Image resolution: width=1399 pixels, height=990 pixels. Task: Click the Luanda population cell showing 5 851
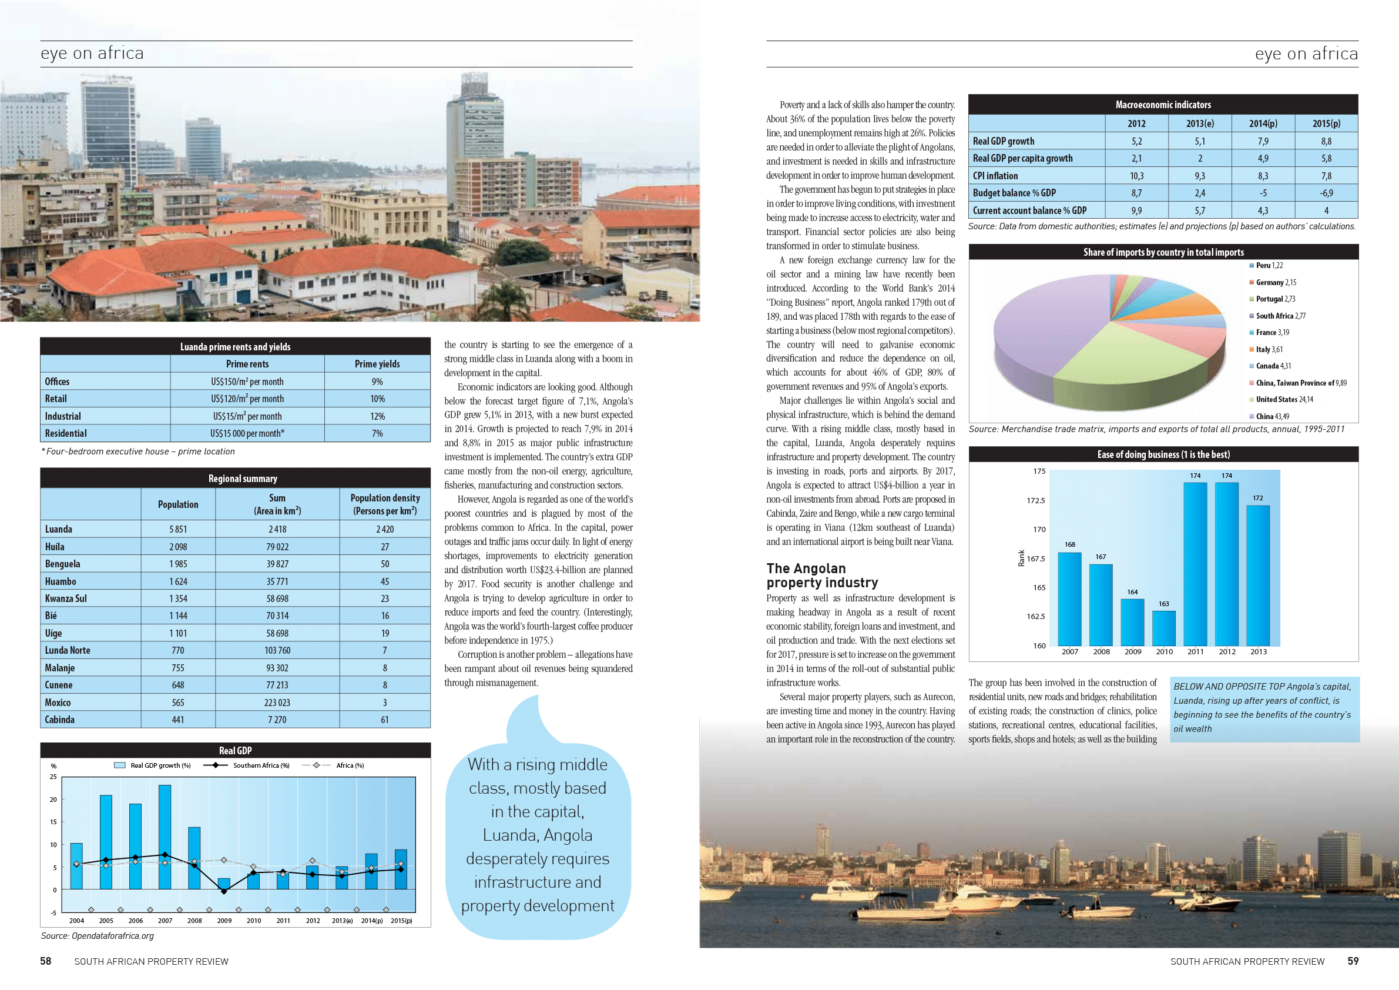(178, 529)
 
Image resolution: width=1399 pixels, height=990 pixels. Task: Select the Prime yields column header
(377, 364)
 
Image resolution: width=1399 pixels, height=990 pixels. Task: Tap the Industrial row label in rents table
(63, 416)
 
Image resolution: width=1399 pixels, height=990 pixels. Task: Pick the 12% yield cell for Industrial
(377, 416)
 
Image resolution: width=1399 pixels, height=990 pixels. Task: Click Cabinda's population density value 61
(384, 720)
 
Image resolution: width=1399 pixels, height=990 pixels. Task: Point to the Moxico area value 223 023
(277, 703)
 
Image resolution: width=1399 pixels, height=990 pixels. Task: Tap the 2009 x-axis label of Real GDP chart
(224, 921)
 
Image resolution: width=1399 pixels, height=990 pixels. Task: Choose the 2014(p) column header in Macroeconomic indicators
(1263, 123)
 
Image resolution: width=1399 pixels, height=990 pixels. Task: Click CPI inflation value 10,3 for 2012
(1136, 176)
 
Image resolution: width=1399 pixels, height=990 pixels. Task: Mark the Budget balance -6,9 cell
(1326, 193)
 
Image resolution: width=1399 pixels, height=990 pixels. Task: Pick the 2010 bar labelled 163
(1164, 628)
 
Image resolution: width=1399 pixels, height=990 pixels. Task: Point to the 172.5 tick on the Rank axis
(1035, 500)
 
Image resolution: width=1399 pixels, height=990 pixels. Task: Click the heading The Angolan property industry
(822, 576)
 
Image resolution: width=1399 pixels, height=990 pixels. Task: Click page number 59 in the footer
(1353, 961)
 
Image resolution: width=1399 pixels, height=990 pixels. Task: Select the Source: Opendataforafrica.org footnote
(98, 936)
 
